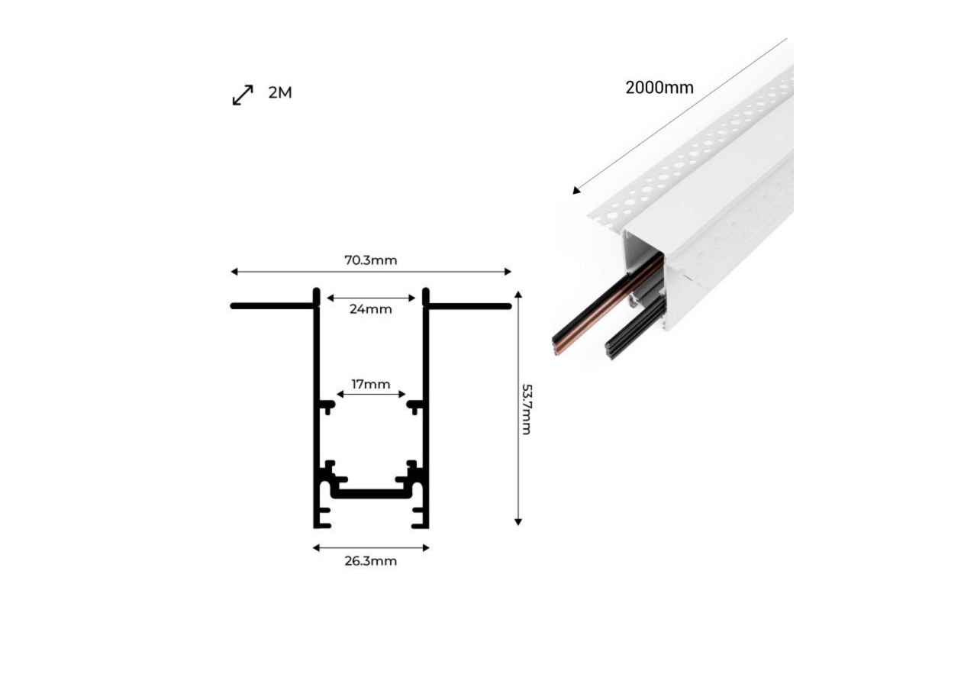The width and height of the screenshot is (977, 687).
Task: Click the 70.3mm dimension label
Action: (370, 260)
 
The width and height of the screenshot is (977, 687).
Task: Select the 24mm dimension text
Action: (370, 309)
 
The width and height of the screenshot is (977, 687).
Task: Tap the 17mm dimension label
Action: (371, 384)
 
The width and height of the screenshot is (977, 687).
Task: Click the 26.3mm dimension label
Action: (370, 561)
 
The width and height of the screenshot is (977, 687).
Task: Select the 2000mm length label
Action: (659, 87)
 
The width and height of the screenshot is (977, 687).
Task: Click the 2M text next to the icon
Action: (280, 93)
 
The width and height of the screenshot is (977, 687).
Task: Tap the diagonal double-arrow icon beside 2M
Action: (243, 95)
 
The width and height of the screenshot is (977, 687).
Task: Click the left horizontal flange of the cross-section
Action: (272, 306)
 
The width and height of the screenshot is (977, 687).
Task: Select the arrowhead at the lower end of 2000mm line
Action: (576, 191)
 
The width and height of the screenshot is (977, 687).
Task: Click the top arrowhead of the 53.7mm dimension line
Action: (518, 295)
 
